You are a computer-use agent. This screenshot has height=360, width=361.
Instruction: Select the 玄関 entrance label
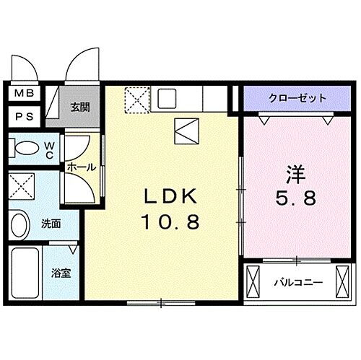[x=79, y=107]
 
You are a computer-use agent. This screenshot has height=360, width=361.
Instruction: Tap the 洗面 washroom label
[x=50, y=224]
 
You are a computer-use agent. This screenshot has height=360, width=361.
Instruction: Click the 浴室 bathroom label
[x=60, y=275]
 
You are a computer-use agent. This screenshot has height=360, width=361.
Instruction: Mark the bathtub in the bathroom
[x=25, y=276]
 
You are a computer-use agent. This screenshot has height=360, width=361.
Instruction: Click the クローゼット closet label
[x=297, y=98]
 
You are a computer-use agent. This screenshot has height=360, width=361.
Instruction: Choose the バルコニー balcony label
[x=297, y=283]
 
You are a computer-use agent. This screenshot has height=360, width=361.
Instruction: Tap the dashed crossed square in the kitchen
[x=136, y=100]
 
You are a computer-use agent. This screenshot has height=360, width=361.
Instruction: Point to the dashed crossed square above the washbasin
[x=24, y=186]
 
